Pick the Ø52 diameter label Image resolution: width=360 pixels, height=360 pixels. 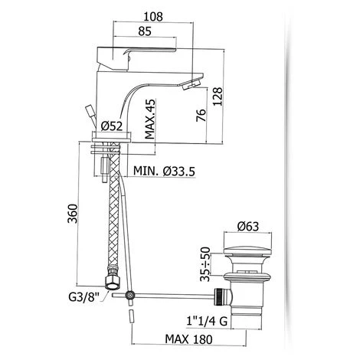coord(114,126)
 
